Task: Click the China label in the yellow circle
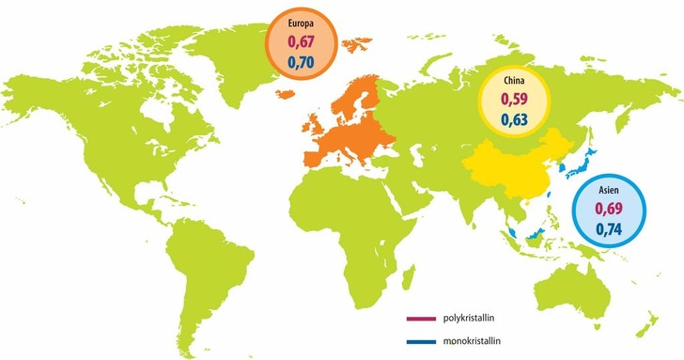pyautogui.click(x=513, y=81)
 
